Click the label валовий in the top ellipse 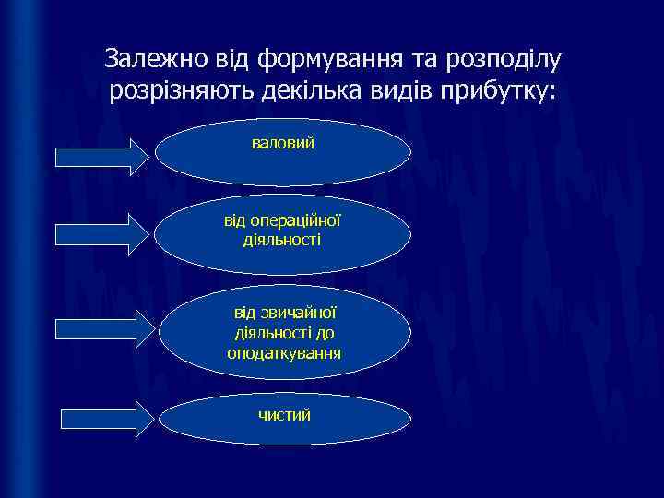[283, 144]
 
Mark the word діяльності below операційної [282, 239]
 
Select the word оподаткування [284, 352]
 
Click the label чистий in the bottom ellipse [284, 415]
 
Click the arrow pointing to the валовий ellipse [101, 156]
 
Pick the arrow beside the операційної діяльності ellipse [101, 233]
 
